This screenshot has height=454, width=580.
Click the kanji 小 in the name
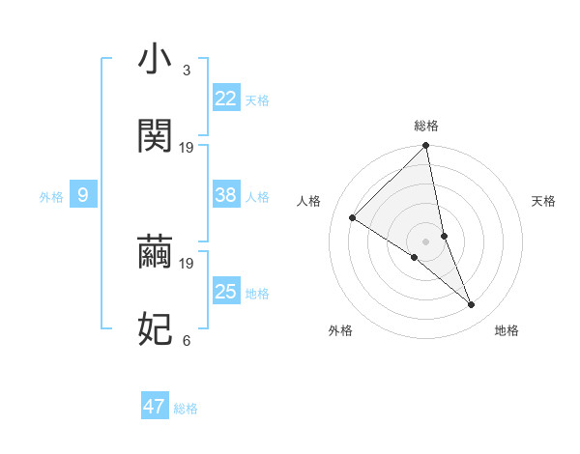[156, 60]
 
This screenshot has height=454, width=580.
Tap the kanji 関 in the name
[156, 136]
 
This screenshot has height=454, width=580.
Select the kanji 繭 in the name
[156, 252]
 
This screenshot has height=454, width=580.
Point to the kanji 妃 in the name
[156, 329]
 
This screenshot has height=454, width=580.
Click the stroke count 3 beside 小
[187, 71]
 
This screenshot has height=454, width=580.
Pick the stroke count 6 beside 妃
[187, 340]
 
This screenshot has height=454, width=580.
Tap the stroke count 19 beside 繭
[187, 263]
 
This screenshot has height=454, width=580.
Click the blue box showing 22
[226, 99]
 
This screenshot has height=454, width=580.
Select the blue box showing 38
[226, 195]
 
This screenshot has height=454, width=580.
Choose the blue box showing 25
[226, 292]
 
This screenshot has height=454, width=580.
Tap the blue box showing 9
[83, 195]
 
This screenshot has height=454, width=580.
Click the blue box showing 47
[155, 407]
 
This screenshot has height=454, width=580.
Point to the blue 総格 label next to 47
[187, 409]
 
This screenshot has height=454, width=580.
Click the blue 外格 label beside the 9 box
[51, 197]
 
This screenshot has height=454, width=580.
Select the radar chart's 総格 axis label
[426, 126]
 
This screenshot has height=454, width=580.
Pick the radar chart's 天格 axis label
[544, 201]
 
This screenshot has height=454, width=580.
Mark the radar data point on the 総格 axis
[426, 147]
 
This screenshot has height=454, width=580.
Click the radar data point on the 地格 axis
[472, 305]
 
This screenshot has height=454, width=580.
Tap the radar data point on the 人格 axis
[353, 218]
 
